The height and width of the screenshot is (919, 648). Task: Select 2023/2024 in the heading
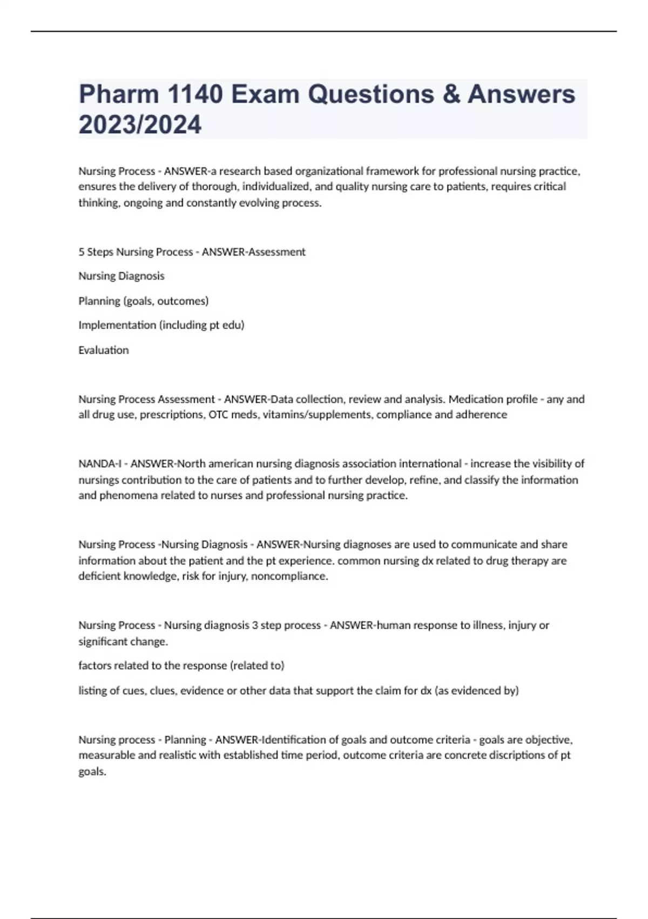click(x=140, y=124)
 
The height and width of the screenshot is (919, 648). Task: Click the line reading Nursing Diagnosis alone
click(x=122, y=276)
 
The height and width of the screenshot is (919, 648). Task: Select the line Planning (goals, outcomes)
click(x=144, y=301)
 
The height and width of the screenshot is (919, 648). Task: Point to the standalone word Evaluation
click(x=104, y=350)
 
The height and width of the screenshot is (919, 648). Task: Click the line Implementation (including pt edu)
click(x=161, y=325)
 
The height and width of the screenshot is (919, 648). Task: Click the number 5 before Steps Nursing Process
click(x=82, y=252)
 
